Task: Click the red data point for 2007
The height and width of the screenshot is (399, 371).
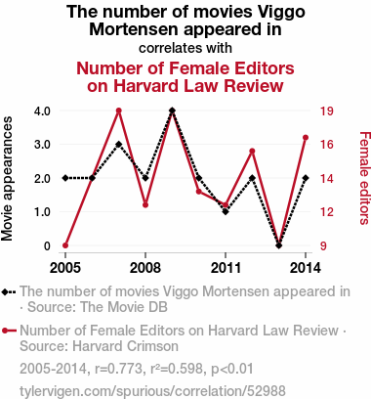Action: click(x=119, y=111)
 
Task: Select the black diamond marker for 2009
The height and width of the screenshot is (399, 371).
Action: click(x=172, y=111)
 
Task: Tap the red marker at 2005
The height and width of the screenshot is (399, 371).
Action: click(x=65, y=245)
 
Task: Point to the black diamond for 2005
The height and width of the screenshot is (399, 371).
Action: click(x=65, y=178)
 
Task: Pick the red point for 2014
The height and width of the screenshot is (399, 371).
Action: click(x=306, y=138)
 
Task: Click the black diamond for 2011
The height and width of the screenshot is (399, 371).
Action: click(x=226, y=211)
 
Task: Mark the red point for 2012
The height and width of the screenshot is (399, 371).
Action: click(x=252, y=151)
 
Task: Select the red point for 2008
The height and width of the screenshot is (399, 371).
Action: click(x=145, y=205)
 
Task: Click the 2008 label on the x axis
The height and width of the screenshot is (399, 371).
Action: click(x=145, y=268)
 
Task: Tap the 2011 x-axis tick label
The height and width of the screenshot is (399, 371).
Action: click(x=226, y=268)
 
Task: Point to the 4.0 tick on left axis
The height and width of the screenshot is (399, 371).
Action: click(x=42, y=111)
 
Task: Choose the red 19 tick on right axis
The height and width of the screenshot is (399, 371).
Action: click(x=326, y=111)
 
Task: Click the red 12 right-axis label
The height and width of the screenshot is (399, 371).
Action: click(x=326, y=212)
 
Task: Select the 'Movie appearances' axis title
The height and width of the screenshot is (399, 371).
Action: click(x=7, y=179)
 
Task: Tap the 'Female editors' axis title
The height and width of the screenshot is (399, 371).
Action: click(x=365, y=178)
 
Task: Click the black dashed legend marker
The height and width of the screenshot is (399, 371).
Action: click(x=9, y=291)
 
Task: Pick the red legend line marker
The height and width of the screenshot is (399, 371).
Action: click(x=9, y=331)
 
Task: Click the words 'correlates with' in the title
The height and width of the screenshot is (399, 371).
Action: click(x=185, y=48)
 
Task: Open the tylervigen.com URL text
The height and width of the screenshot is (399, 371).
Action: click(x=152, y=391)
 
